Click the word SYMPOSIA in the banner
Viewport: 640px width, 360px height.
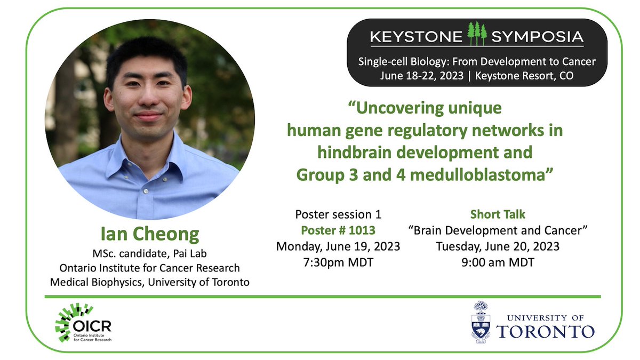tap(537, 37)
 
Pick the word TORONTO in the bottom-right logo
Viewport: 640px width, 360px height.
tap(545, 331)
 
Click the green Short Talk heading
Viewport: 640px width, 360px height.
tap(498, 214)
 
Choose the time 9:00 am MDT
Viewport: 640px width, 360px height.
tap(498, 262)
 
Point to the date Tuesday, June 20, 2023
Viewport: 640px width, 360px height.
tap(498, 246)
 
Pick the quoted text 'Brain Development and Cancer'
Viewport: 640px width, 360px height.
tap(498, 230)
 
